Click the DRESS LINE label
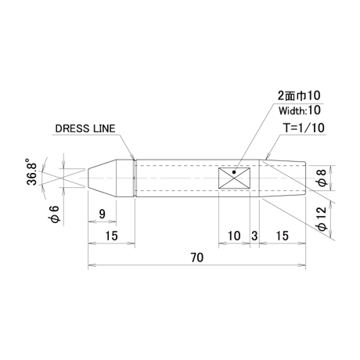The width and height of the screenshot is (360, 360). (85, 128)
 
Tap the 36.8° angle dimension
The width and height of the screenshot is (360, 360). (32, 171)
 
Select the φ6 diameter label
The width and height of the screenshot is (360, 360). (56, 214)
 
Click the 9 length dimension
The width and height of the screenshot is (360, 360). (103, 214)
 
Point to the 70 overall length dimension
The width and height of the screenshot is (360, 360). (197, 257)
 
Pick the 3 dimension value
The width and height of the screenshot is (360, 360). (254, 236)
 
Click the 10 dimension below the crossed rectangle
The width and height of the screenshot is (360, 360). (234, 236)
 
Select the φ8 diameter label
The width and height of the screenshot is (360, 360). (322, 178)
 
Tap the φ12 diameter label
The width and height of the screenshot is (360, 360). (322, 218)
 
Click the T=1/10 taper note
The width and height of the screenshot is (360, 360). (304, 128)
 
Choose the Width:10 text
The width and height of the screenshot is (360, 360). (300, 110)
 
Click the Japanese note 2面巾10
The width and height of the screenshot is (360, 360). (299, 95)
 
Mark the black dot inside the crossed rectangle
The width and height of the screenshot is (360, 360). (234, 172)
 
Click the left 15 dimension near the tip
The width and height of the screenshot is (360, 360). (111, 236)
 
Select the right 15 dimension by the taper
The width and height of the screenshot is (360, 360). (283, 236)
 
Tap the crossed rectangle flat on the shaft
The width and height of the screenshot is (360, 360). (234, 178)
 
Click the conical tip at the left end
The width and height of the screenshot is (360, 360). (102, 178)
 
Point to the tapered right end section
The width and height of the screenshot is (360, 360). (283, 178)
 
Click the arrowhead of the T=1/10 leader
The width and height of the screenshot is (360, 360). (265, 158)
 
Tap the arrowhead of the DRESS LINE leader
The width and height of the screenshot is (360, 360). (134, 158)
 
